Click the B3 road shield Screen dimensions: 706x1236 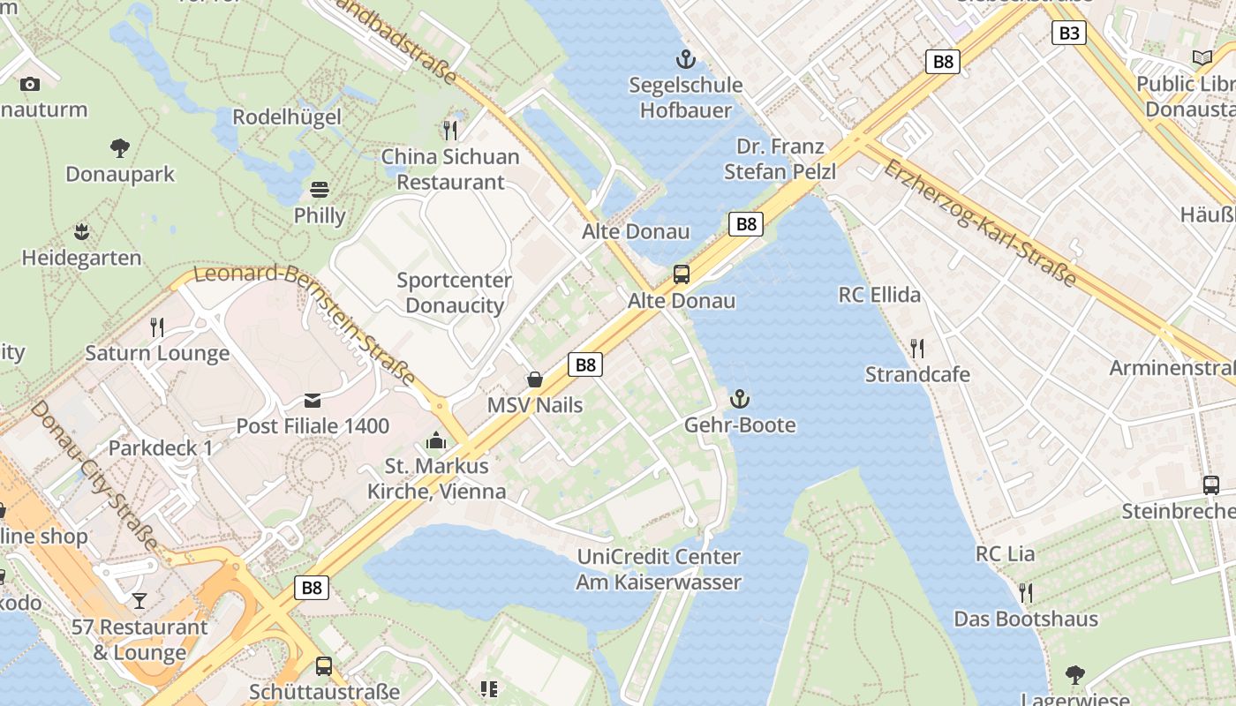(1068, 34)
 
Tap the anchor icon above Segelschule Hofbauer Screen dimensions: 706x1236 (685, 60)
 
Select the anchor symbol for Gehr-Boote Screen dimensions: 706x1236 (740, 400)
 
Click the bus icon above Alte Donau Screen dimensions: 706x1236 (682, 274)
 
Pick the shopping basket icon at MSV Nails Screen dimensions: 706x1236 (535, 379)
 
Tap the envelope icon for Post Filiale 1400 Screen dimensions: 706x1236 (313, 401)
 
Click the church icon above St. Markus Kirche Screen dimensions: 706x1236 (436, 440)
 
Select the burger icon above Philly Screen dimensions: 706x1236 (320, 190)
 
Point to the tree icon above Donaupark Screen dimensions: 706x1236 (120, 147)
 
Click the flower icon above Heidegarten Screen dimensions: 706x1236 (81, 232)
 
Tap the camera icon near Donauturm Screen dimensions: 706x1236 (30, 84)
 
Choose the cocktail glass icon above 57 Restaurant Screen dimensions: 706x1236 (139, 601)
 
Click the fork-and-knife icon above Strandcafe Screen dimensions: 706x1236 (917, 349)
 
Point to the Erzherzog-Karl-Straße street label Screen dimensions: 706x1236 (980, 222)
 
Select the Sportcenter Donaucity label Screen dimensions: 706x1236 (454, 293)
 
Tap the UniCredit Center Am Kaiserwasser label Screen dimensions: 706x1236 (659, 569)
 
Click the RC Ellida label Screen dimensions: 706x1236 (879, 295)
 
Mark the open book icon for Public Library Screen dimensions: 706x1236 (1202, 58)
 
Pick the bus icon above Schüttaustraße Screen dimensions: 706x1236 (324, 666)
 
